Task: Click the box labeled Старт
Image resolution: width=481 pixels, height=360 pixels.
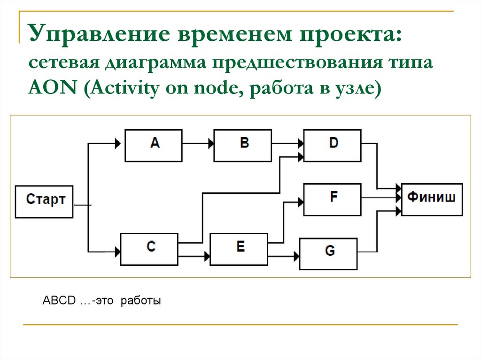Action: point(44,201)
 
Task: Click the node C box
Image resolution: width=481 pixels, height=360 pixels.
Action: point(149,249)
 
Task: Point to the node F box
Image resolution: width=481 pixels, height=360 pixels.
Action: point(333,199)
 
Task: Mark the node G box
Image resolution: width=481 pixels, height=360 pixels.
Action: point(328,253)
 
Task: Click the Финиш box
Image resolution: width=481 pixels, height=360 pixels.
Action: point(432,199)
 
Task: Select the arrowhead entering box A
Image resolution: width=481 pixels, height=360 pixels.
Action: point(117,143)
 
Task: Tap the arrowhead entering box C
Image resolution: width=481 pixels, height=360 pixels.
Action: point(117,252)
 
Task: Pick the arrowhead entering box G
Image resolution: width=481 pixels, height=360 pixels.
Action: point(296,256)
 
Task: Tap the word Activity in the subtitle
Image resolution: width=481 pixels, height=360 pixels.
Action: point(123,88)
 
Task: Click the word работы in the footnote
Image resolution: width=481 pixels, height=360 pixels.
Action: point(141,301)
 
